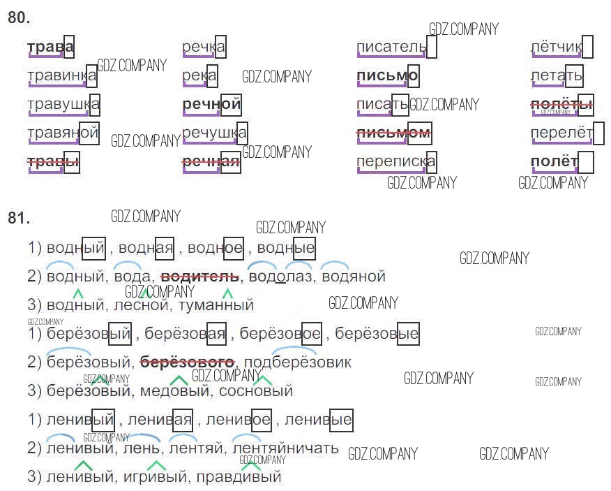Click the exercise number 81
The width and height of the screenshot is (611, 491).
19,218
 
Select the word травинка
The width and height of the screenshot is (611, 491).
61,75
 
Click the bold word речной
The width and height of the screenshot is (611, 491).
211,105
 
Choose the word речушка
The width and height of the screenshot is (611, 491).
214,132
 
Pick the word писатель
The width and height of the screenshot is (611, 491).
391,47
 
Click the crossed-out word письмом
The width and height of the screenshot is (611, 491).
393,132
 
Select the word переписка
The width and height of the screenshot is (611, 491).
395,161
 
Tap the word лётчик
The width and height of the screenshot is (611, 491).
556,47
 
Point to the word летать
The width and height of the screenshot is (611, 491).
556,75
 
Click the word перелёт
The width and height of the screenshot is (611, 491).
561,132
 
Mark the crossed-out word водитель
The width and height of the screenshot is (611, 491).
200,277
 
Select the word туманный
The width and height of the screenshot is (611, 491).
216,305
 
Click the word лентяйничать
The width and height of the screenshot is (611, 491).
285,448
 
